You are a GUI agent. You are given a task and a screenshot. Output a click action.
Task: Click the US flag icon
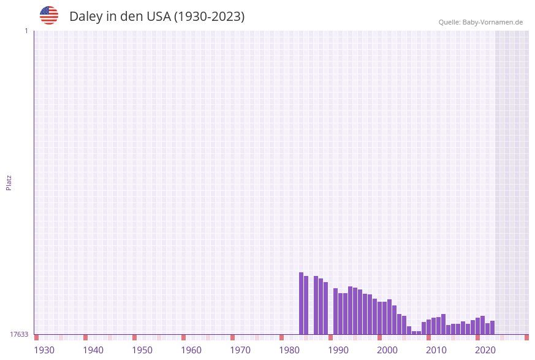(x=49, y=15)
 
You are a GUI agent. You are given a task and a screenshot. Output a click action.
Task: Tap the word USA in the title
(x=158, y=17)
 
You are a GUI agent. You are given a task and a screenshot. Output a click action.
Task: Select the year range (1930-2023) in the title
(x=209, y=17)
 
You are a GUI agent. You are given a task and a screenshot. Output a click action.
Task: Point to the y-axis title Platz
(x=9, y=182)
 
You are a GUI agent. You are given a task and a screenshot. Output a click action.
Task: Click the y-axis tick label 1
(x=26, y=31)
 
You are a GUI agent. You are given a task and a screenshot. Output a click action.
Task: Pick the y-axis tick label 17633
(x=19, y=334)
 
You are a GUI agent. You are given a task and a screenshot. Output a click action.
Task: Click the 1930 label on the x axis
(x=44, y=350)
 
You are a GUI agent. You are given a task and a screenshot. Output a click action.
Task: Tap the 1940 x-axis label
(x=93, y=350)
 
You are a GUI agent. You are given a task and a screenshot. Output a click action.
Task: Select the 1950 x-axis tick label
(x=142, y=350)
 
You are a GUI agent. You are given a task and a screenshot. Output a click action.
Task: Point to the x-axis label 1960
(x=191, y=350)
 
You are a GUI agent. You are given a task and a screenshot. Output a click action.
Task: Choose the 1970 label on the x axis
(x=240, y=350)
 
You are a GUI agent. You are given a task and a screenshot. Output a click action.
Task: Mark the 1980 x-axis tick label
(x=289, y=350)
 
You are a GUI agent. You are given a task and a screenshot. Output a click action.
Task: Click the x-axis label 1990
(x=338, y=350)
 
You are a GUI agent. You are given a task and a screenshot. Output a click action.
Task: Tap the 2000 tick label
(x=387, y=350)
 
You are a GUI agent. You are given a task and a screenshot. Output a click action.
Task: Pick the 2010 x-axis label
(x=436, y=350)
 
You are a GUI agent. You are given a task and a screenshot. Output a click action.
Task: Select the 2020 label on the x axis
(x=485, y=350)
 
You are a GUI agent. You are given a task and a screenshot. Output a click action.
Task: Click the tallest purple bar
(x=302, y=304)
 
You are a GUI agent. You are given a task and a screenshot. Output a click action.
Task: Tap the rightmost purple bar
(x=492, y=327)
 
